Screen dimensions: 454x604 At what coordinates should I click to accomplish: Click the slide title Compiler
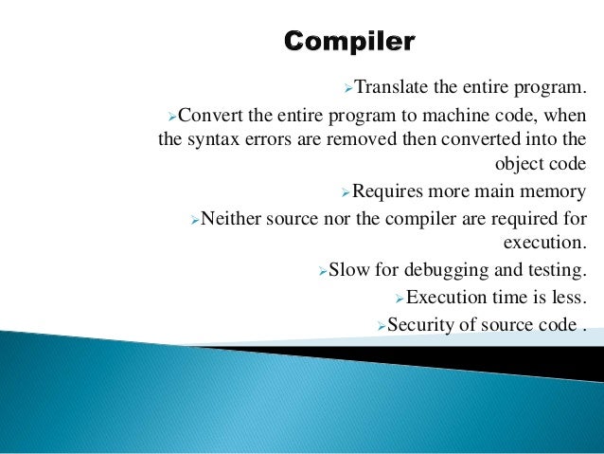coord(349,43)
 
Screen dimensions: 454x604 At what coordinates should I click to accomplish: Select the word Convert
coord(209,116)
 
